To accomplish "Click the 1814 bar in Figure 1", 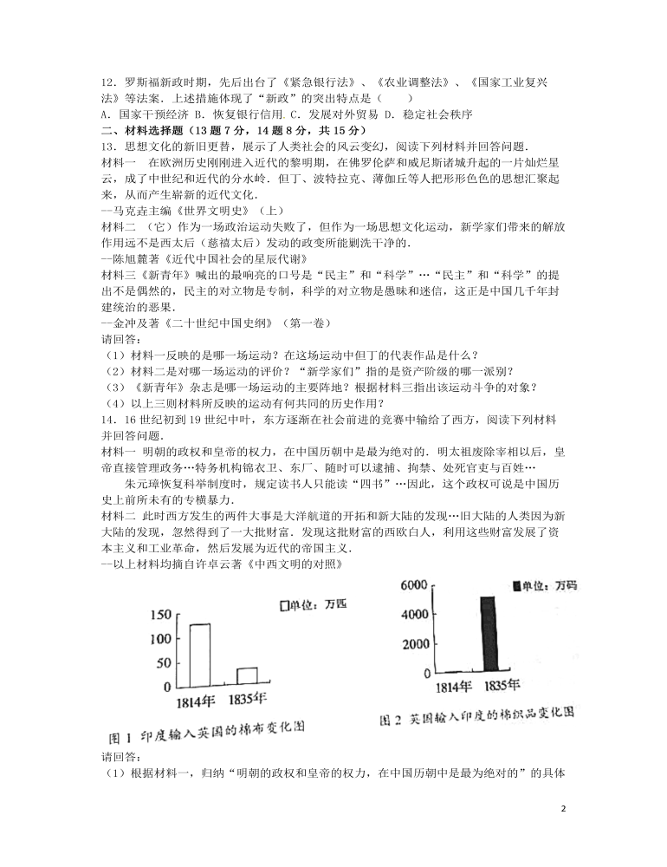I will coord(199,655).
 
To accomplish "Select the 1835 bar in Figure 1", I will coord(247,676).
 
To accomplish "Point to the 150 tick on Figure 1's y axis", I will coord(161,616).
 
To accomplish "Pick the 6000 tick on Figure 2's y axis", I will coord(414,586).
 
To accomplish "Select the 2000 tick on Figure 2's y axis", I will coord(414,644).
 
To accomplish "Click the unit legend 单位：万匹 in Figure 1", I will coord(309,605).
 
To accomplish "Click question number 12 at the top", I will coord(108,82).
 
